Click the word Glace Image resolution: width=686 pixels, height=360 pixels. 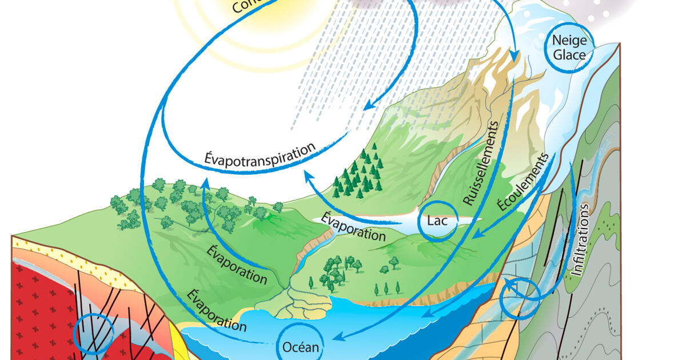[x=569, y=55]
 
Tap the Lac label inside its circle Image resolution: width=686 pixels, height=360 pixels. [x=437, y=221]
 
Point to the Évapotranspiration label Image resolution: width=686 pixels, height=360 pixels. [x=260, y=153]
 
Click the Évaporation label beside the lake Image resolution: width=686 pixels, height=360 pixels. [x=353, y=226]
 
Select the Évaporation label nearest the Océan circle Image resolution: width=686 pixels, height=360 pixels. [x=216, y=311]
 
